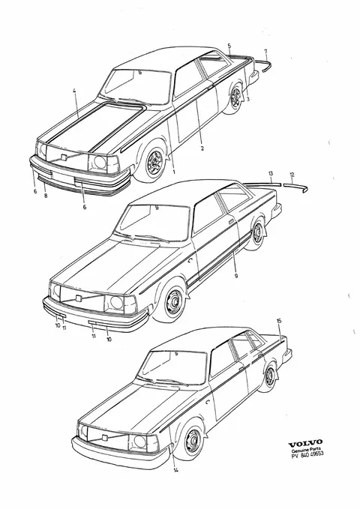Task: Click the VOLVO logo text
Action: (305, 442)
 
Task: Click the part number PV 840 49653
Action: (307, 454)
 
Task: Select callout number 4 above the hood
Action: (74, 91)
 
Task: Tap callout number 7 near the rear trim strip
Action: (265, 51)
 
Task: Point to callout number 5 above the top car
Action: (229, 46)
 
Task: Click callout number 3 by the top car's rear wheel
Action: (248, 100)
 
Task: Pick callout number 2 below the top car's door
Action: (202, 148)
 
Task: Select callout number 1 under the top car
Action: (174, 172)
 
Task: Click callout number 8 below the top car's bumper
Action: (46, 196)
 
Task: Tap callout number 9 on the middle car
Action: (236, 276)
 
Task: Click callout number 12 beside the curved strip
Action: (292, 175)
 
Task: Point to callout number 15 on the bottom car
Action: (279, 321)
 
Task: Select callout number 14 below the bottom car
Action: (175, 470)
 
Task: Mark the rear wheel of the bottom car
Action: (269, 376)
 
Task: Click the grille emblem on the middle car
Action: (78, 298)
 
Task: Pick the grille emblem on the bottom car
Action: (104, 437)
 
